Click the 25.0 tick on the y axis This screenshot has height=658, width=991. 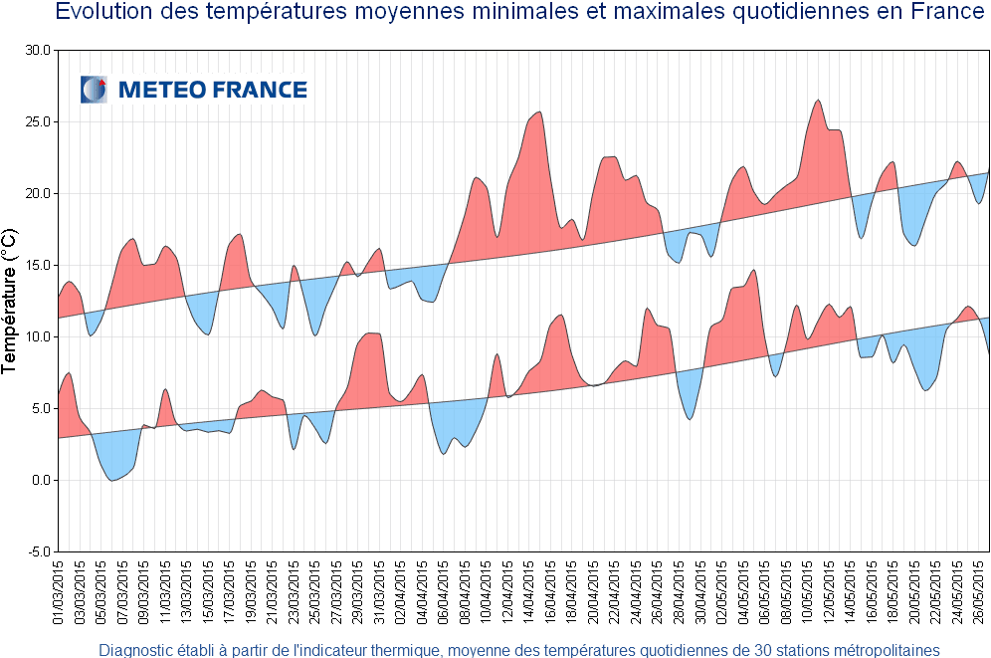tap(38, 121)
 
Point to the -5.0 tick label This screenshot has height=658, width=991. tap(38, 551)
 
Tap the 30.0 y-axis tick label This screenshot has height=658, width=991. tap(38, 50)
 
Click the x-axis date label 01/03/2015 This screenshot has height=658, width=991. tap(59, 592)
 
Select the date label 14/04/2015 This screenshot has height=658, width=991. tap(529, 592)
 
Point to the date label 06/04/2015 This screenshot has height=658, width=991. tap(444, 592)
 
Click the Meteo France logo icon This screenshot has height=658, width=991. tap(94, 90)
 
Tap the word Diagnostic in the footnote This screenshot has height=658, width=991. tap(137, 650)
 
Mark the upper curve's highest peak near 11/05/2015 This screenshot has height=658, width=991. tap(818, 100)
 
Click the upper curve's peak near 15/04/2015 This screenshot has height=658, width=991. tap(539, 111)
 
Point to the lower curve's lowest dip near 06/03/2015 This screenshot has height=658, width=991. tap(113, 481)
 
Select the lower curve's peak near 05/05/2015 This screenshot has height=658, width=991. tap(754, 270)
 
